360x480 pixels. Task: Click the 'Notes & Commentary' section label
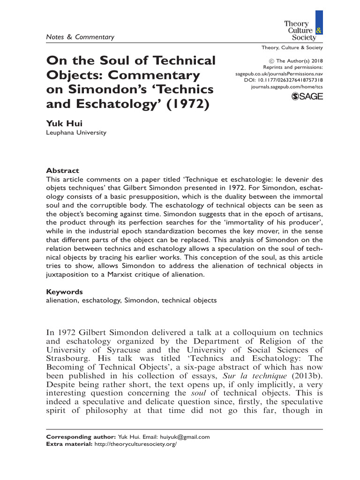coord(80,37)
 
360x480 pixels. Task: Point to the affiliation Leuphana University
coord(76,133)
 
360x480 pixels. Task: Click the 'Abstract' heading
coord(62,171)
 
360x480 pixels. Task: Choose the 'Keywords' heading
coord(65,291)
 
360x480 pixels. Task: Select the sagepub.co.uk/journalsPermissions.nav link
coord(279,74)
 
